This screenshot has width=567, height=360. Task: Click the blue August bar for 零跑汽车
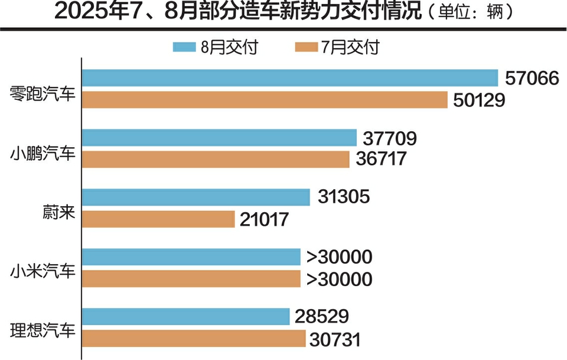pyautogui.click(x=290, y=78)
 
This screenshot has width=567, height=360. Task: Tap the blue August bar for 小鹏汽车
pyautogui.click(x=219, y=138)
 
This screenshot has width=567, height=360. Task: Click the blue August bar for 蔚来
pyautogui.click(x=195, y=197)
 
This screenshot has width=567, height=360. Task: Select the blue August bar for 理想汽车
pyautogui.click(x=185, y=316)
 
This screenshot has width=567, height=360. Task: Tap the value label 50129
pyautogui.click(x=480, y=100)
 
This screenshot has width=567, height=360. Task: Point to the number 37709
pyautogui.click(x=390, y=138)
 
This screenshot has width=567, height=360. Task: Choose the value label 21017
pyautogui.click(x=265, y=219)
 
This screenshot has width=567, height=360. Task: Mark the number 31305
pyautogui.click(x=343, y=197)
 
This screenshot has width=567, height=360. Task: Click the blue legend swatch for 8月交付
pyautogui.click(x=185, y=47)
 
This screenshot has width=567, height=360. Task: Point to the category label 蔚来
pyautogui.click(x=59, y=212)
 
